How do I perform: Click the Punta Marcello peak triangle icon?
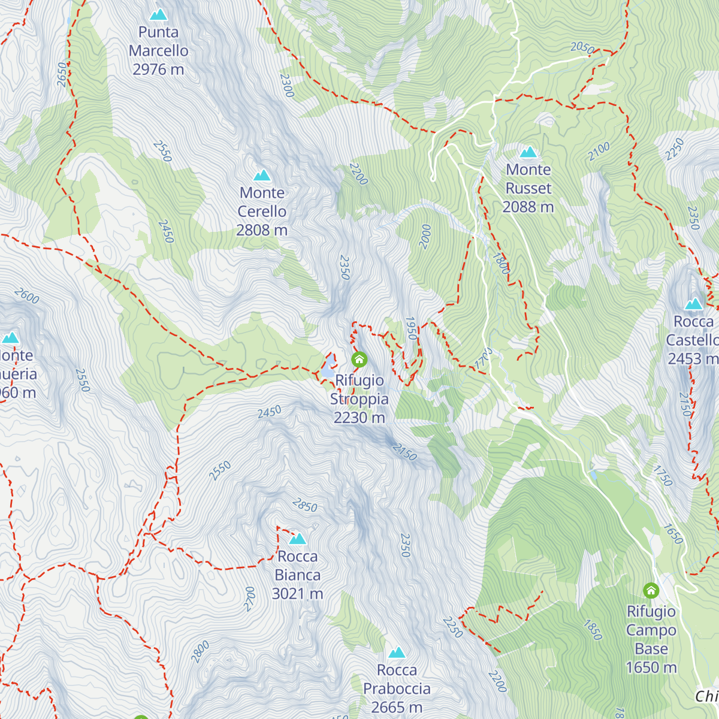coord(159,14)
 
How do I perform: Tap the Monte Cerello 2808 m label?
coord(262,212)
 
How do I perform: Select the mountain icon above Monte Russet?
coord(528,152)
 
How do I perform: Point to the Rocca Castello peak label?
coord(693,340)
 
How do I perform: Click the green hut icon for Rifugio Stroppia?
coord(359,359)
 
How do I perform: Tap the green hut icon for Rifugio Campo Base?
coord(651,591)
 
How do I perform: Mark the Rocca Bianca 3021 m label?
coord(297,575)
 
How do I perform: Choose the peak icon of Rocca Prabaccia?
coord(397,652)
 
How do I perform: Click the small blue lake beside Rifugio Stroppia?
coord(327,371)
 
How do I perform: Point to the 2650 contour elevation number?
coord(62,74)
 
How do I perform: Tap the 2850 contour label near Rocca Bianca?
coord(305,506)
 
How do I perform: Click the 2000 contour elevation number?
coord(425,237)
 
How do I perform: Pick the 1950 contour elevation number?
coord(411,328)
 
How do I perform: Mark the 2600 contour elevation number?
coord(26,296)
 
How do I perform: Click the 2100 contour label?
coord(599,151)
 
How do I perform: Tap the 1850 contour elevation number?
coord(593,629)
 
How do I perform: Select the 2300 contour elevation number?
coord(287,86)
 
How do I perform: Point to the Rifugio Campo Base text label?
coord(651,639)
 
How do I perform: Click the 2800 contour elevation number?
coord(200,652)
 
